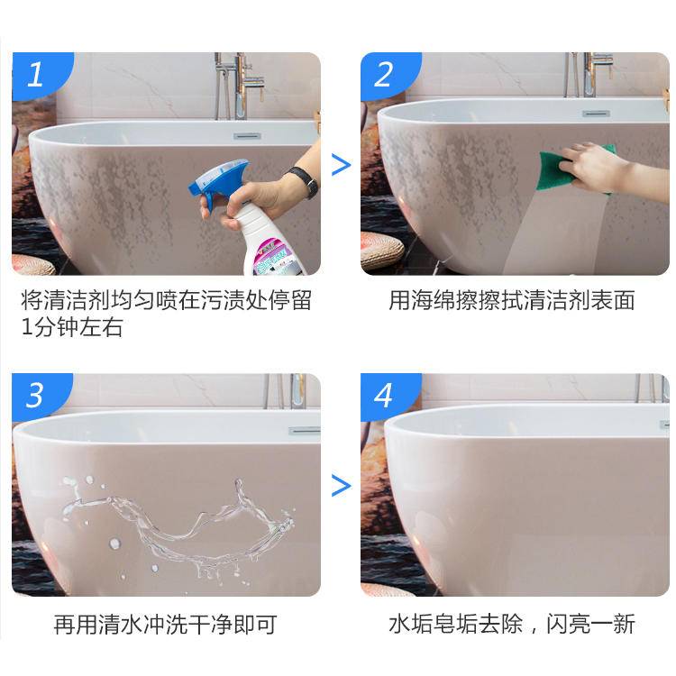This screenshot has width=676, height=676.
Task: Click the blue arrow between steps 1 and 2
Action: pos(341,165)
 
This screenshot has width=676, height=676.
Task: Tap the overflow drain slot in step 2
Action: pos(595,114)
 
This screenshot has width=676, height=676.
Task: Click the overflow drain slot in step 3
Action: pos(304,431)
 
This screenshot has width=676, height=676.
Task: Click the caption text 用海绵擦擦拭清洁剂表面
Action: pos(512,301)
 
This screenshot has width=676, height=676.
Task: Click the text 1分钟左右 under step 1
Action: pos(72,327)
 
